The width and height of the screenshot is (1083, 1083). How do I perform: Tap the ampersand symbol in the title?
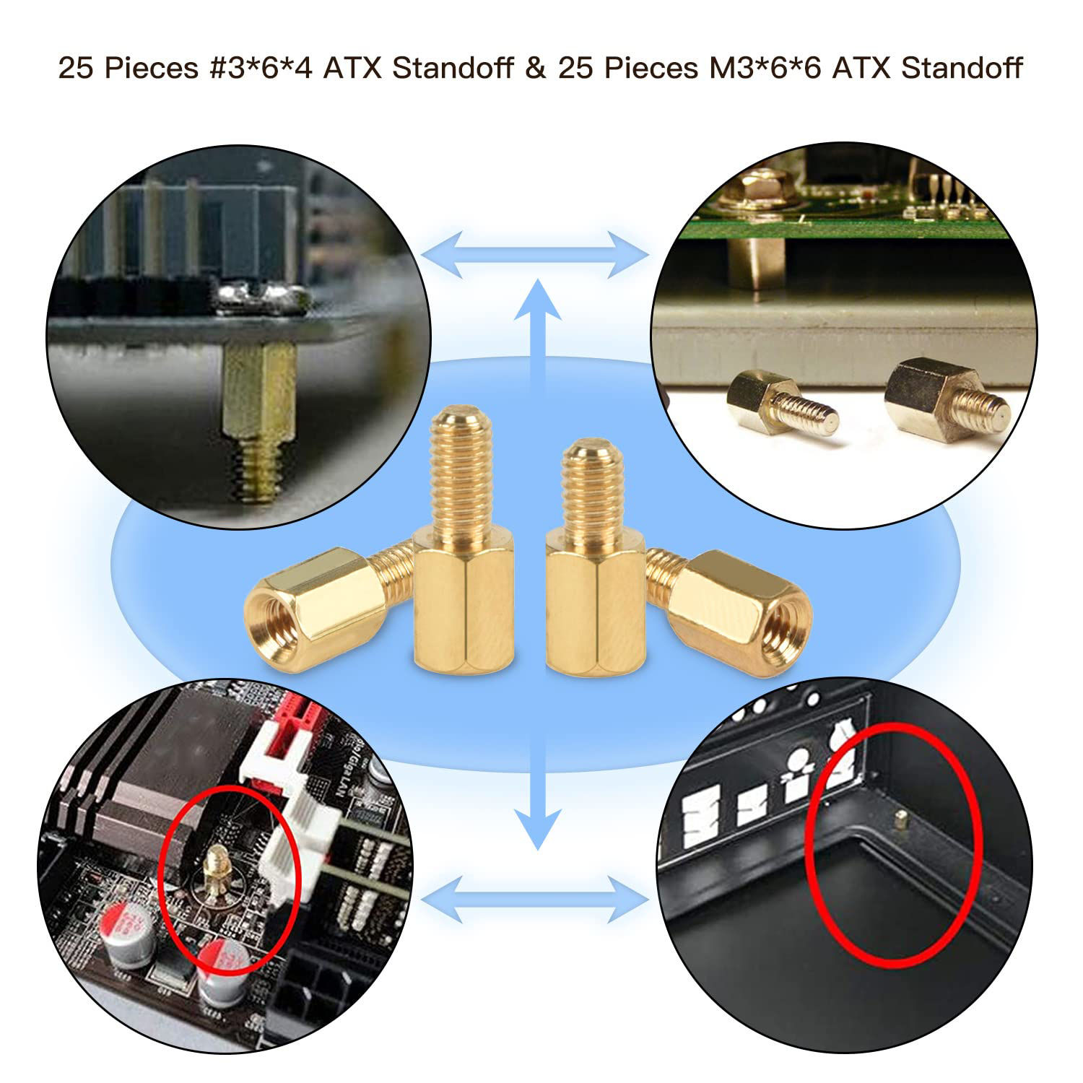click(535, 69)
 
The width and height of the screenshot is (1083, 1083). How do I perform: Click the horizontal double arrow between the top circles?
click(535, 255)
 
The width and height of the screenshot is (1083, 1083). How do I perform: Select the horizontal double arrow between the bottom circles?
click(535, 900)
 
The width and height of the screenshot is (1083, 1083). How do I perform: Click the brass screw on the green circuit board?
click(757, 191)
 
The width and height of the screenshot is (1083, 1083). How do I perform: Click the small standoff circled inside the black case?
click(900, 820)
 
